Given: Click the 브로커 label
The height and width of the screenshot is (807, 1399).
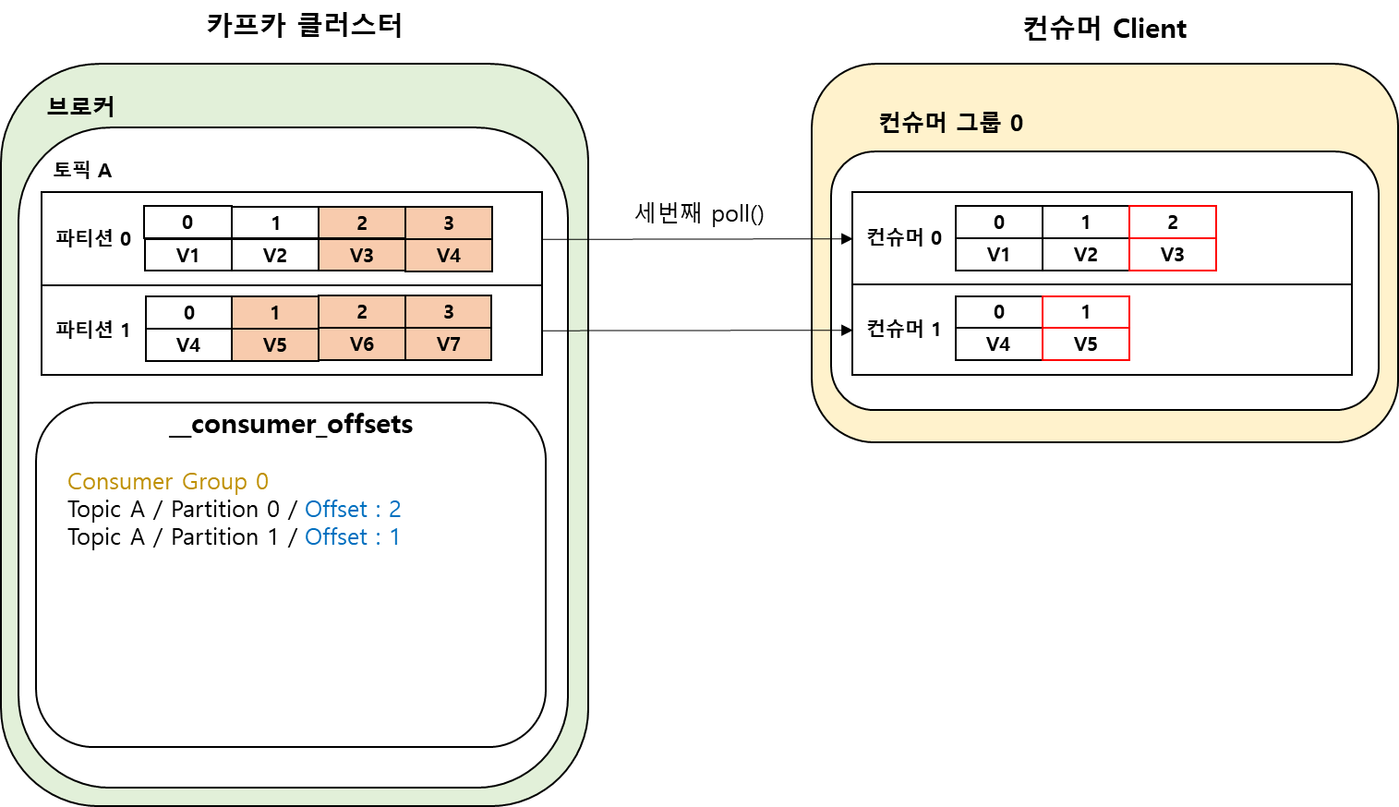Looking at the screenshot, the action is click(81, 106).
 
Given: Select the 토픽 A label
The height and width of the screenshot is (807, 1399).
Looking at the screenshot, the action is click(82, 170).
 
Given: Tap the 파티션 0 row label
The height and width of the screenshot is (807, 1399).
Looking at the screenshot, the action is click(93, 238).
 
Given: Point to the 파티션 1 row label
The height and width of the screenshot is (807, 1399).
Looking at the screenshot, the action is click(93, 330).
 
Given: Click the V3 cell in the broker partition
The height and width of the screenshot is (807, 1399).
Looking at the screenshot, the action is click(362, 256).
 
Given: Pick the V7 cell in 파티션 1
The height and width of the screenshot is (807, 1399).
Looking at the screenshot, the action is click(449, 344).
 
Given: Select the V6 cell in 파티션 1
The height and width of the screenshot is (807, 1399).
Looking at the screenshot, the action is click(362, 344).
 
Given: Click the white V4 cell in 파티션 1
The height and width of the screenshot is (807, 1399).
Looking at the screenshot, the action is click(188, 345).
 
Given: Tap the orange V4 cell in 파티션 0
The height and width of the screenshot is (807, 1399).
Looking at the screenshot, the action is click(449, 256).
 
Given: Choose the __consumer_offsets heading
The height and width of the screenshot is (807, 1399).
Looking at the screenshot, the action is click(292, 425).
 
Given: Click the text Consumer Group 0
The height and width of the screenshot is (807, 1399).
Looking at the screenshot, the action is click(168, 482).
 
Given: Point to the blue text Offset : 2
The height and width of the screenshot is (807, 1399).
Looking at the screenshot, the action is click(353, 510).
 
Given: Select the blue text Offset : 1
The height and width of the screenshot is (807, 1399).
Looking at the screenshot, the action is click(353, 537).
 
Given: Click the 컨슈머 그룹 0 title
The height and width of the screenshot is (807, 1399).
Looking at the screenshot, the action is click(951, 123).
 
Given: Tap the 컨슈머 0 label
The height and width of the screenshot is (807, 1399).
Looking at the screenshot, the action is click(904, 237).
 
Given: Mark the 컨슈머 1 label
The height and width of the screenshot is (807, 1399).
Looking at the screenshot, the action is click(904, 329).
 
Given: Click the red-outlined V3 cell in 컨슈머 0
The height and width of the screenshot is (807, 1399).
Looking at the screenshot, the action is click(1173, 255).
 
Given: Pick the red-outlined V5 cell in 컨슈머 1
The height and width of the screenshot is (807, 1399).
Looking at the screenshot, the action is click(1086, 344).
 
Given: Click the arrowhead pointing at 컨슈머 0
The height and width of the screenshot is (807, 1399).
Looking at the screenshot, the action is click(846, 239).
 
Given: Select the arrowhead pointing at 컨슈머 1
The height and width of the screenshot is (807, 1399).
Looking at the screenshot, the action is click(846, 330).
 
